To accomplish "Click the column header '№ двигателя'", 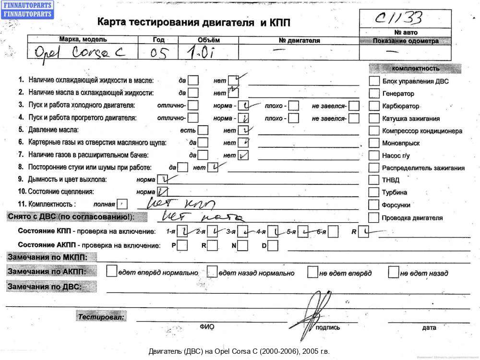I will [x=299, y=40].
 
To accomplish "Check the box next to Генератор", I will [x=374, y=93].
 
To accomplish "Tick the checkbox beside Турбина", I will [x=374, y=192].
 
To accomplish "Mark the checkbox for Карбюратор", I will [x=374, y=106].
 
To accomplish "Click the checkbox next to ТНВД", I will [x=374, y=180].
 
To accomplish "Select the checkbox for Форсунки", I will [x=374, y=204].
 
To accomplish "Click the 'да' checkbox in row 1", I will [x=193, y=80].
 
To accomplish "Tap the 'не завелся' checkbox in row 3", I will [x=354, y=105].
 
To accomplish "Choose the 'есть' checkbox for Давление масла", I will [x=203, y=130].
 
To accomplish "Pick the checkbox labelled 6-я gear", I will [x=333, y=231].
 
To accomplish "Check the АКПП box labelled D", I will [x=273, y=245].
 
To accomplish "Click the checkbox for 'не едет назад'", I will [x=393, y=272].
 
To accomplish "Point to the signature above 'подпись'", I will [x=317, y=307].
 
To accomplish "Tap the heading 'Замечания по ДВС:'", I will [x=44, y=287].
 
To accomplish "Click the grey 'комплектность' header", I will [x=416, y=68].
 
